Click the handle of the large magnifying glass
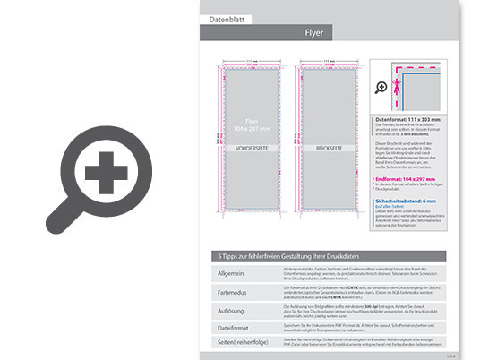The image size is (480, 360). point(63,217)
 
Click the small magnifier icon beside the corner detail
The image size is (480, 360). point(381,86)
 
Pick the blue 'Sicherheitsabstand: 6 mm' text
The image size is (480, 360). point(409,201)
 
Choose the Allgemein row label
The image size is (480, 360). point(231,272)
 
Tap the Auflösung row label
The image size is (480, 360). point(232,310)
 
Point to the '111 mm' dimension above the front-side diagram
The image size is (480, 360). point(253,61)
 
